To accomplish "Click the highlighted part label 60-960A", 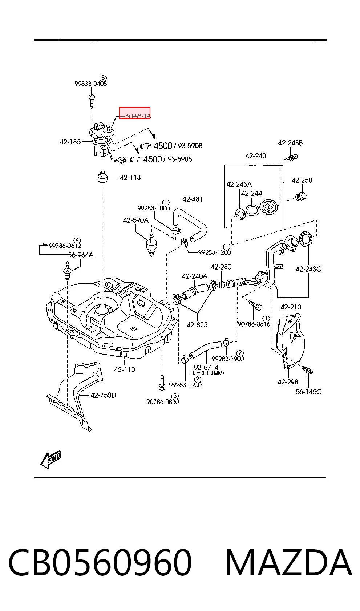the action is pos(138,116).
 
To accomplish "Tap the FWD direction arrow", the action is pos(51,460).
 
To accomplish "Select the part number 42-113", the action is pos(130,178).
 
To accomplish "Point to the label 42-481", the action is pos(193,199).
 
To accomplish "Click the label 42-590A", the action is pos(136,220).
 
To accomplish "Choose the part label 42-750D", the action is pos(103,395).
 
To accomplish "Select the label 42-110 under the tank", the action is pos(124,369).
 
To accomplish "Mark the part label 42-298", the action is pos(288,382).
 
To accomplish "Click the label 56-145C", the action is pos(308,392).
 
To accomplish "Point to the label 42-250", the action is pos(302,180).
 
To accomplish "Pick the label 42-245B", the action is pos(291,143).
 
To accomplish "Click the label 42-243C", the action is pos(308,269).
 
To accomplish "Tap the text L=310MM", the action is pos(207,373).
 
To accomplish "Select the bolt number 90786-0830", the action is pos(162,401).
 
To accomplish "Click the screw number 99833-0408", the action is pos(91,84).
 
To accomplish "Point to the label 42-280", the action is pos(221,267).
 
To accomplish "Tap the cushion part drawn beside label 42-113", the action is pos(102,177).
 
